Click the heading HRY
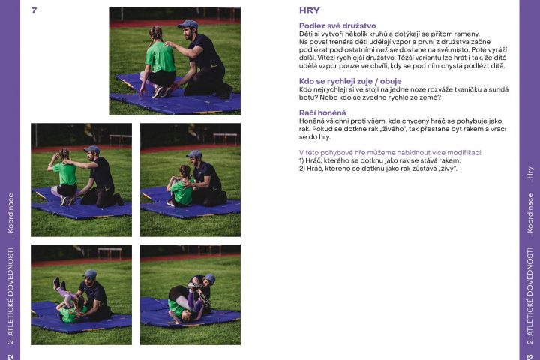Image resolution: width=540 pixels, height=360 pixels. [x=309, y=10]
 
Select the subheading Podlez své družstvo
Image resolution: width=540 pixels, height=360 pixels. [x=337, y=25]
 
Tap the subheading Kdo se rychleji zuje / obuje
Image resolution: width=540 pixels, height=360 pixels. [x=350, y=81]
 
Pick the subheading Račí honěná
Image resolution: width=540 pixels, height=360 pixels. [x=322, y=112]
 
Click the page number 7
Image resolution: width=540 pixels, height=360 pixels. [x=34, y=10]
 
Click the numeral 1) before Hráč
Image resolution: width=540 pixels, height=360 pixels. [x=301, y=160]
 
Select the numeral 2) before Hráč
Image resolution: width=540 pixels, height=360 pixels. [x=302, y=169]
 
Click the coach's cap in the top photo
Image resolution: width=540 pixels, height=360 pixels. [x=188, y=25]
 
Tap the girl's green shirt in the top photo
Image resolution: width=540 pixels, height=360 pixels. [x=160, y=57]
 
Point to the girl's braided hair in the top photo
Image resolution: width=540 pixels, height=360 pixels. [x=155, y=34]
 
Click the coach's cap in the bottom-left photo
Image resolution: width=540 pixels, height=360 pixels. [x=90, y=274]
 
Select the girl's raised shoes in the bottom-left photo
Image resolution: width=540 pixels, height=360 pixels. [x=59, y=283]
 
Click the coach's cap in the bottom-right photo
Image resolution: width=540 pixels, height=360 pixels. [x=210, y=278]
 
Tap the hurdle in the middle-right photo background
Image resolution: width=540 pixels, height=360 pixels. [x=225, y=139]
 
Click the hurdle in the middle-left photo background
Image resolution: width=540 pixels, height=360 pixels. [x=120, y=139]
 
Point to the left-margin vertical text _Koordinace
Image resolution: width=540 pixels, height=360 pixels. [x=11, y=215]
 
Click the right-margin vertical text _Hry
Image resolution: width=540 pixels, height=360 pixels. [x=530, y=175]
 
